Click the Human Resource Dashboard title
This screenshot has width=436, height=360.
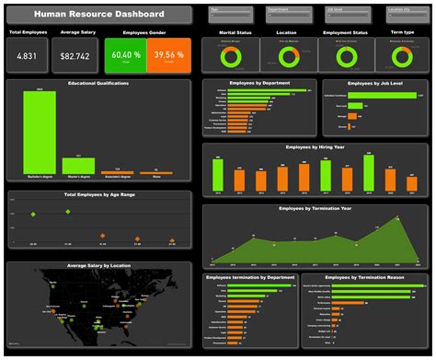[99, 15]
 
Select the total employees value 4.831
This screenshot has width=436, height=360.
[28, 57]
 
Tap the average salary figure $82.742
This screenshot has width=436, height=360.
[75, 57]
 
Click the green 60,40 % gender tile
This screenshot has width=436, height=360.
[125, 56]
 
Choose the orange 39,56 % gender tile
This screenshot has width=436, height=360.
[168, 56]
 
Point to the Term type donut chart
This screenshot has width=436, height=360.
[401, 57]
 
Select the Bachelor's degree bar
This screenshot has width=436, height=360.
[40, 133]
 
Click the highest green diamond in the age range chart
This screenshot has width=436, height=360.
[67, 212]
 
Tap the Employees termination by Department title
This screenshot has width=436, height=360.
[248, 277]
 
